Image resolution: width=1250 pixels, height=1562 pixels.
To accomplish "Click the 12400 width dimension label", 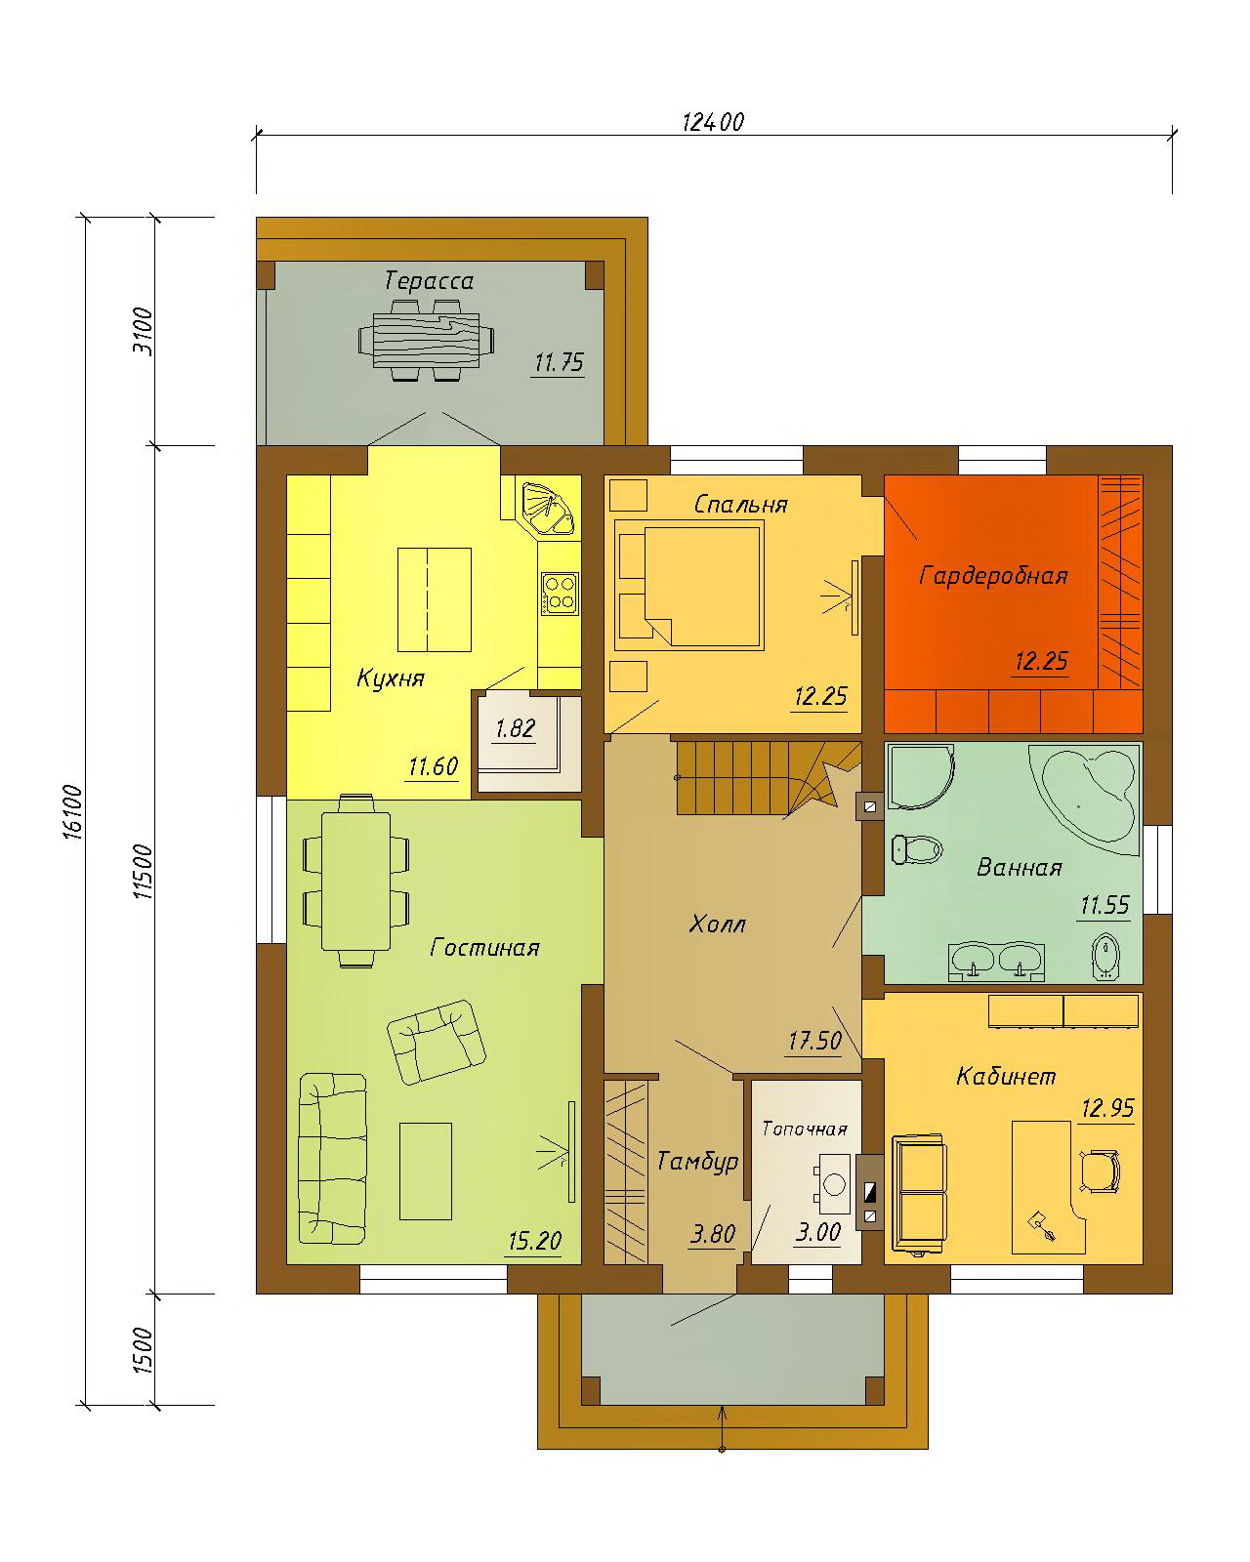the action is point(713,121).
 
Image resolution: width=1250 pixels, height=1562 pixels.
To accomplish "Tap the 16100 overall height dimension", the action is point(73,812).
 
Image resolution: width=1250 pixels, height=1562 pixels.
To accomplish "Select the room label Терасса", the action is point(429,281).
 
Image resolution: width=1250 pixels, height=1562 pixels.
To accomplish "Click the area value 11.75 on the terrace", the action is point(559,361).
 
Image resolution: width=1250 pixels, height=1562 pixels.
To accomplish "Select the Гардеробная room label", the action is point(993,576).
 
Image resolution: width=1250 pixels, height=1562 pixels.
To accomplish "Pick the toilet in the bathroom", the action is point(917,847).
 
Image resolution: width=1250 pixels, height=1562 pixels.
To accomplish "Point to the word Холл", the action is point(716,924).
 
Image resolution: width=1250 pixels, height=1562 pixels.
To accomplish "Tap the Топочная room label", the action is point(805,1129).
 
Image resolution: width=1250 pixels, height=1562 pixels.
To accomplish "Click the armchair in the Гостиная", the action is point(436,1042).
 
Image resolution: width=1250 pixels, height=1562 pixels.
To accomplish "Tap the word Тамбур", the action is point(697,1162).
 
